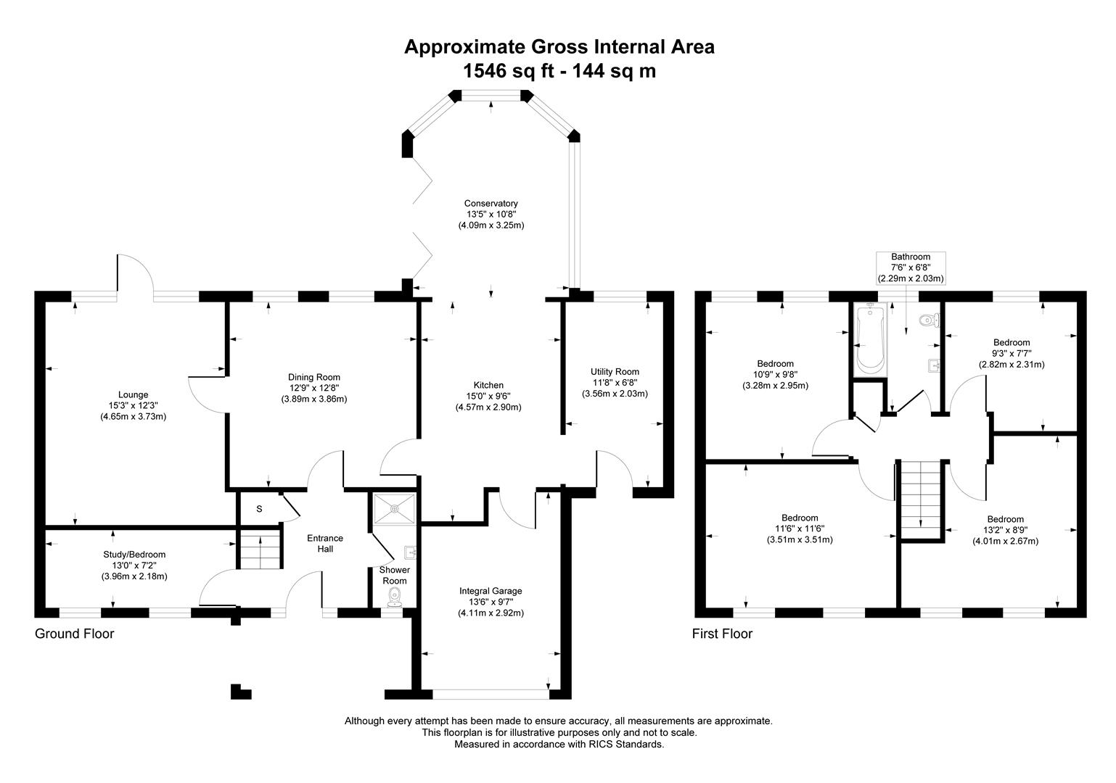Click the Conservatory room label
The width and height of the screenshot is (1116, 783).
coord(491,204)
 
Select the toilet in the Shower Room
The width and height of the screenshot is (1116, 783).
coord(395,597)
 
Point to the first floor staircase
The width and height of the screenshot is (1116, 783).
coord(921,499)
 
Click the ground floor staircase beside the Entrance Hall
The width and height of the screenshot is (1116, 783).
coord(260,551)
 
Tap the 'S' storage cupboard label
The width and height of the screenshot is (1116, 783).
coord(259,509)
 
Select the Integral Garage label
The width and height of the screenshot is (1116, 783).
coord(491,591)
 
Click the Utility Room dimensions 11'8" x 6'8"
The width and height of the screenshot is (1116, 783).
coord(615,383)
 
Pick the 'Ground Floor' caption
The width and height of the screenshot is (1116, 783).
coord(75,634)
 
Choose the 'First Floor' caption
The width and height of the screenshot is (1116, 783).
coord(722,634)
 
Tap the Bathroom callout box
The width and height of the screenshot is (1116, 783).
coord(910,268)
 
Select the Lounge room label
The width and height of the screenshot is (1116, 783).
coord(134,395)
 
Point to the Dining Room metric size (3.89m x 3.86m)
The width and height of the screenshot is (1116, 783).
coord(314,399)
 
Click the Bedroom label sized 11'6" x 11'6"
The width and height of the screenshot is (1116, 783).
coord(800,518)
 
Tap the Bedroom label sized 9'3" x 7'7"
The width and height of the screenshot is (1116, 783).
coord(1012,342)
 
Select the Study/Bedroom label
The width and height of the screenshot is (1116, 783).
coord(134,555)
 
